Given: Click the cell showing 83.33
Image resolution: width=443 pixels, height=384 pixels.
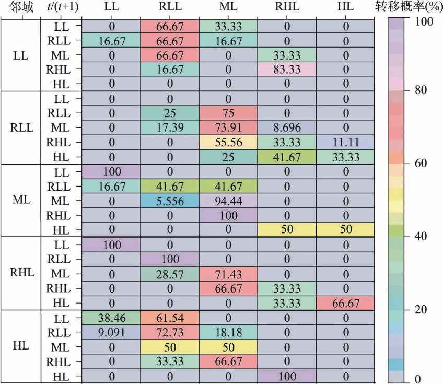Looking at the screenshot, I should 286,69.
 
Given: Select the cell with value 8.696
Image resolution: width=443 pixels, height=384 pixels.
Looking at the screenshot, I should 286,127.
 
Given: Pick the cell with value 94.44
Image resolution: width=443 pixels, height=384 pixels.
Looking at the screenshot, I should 228,200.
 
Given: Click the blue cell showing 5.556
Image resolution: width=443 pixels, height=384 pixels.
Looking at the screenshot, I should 170,200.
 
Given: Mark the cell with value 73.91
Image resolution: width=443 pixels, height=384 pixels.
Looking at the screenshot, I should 228,127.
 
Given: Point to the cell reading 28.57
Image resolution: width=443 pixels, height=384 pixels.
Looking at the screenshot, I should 170,272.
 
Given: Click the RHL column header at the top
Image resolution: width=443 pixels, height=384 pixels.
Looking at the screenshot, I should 286,7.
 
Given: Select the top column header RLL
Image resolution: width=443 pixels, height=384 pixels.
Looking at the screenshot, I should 170,7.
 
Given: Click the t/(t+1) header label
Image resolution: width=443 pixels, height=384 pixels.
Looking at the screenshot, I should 59,7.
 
